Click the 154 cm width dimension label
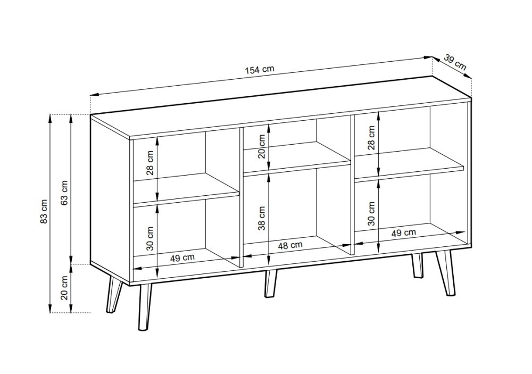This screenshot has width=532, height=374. coord(259,70)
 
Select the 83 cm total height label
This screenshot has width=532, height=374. coord(44,215)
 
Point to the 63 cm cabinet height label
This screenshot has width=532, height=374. coord(64,193)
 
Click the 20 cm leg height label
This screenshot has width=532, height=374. coord(64,287)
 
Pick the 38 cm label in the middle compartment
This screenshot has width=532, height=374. coord(262,218)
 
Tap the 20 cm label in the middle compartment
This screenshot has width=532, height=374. coord(262,147)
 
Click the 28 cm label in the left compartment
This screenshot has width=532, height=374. coord(150,162)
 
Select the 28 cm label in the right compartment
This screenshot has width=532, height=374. coord(371,138)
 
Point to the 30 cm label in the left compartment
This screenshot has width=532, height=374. coord(150,238)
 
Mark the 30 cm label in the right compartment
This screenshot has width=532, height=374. coord(371,214)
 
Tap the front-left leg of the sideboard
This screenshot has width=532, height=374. coord(145,307)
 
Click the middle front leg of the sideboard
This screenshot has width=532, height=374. coord(270,284)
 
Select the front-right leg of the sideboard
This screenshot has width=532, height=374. coord(446,273)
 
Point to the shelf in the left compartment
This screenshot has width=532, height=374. coord(186,189)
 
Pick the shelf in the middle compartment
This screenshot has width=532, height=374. coord(297,158)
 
